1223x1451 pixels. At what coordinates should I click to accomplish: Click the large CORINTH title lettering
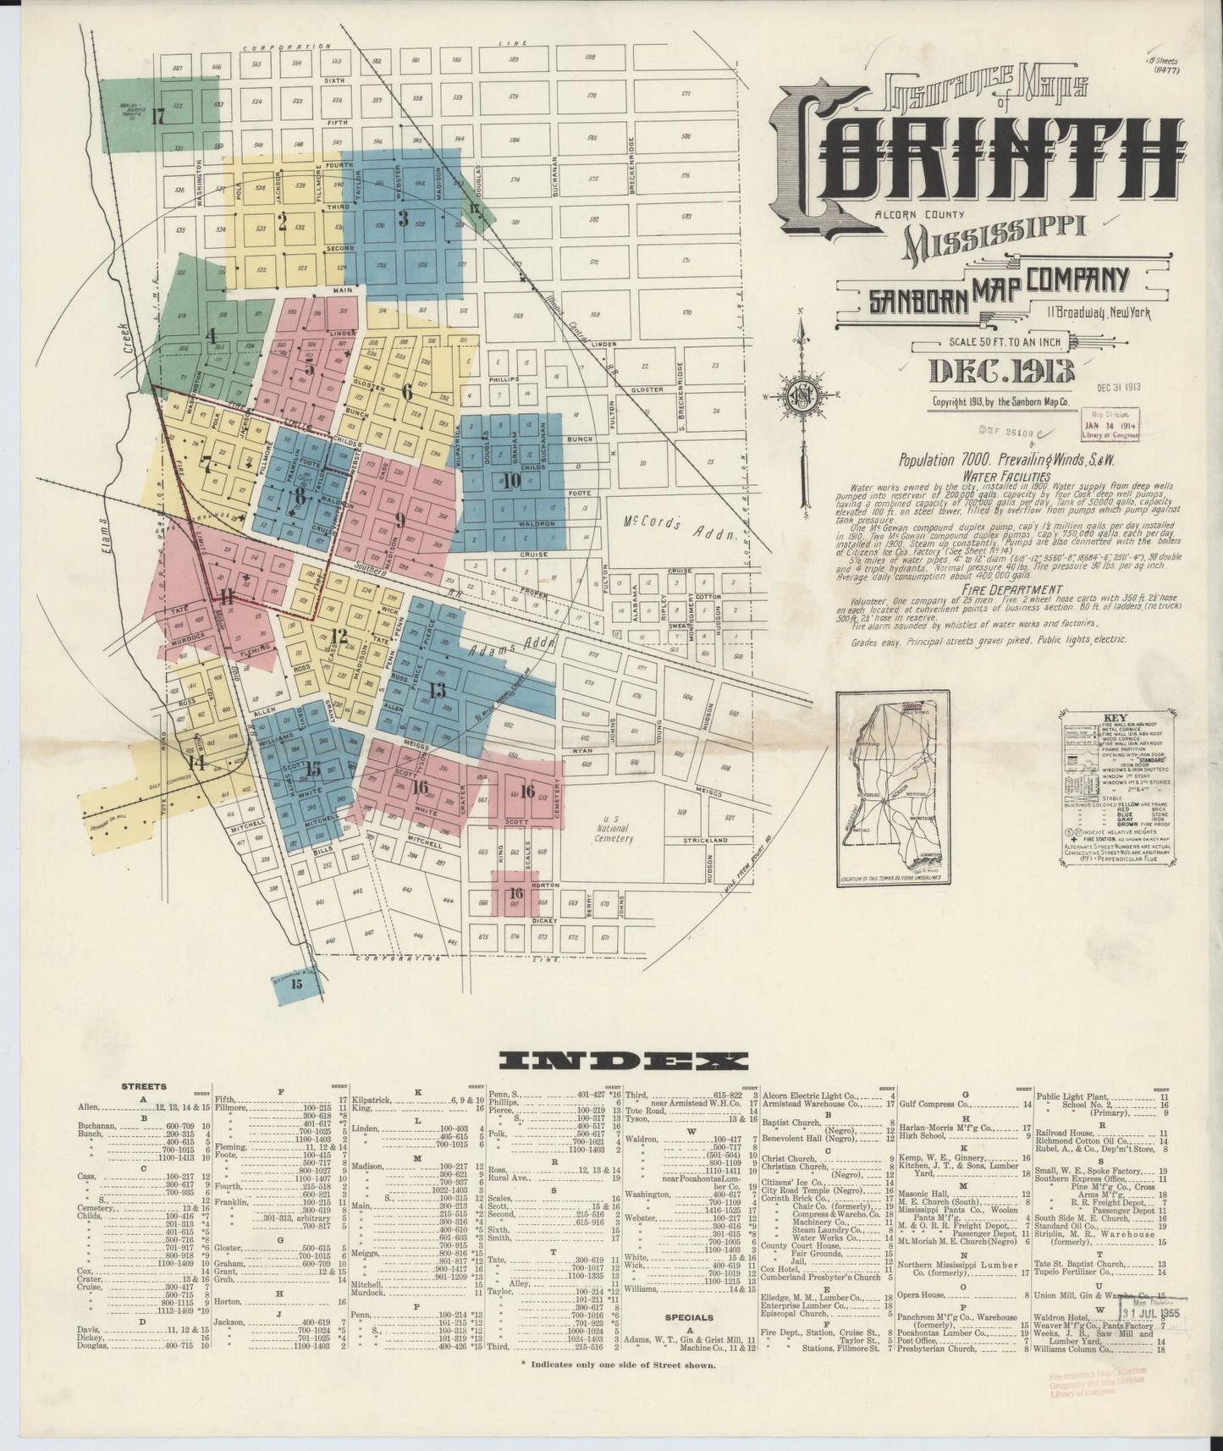point(973,161)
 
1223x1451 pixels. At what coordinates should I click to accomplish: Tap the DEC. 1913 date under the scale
point(1001,370)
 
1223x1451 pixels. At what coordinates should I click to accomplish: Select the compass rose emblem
point(799,396)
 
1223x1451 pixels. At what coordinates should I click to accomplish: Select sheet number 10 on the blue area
point(510,482)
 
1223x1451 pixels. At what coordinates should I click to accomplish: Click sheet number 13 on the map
point(437,689)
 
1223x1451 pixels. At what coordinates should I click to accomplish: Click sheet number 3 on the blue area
point(404,218)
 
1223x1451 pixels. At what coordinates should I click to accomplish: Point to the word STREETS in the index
point(144,1086)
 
